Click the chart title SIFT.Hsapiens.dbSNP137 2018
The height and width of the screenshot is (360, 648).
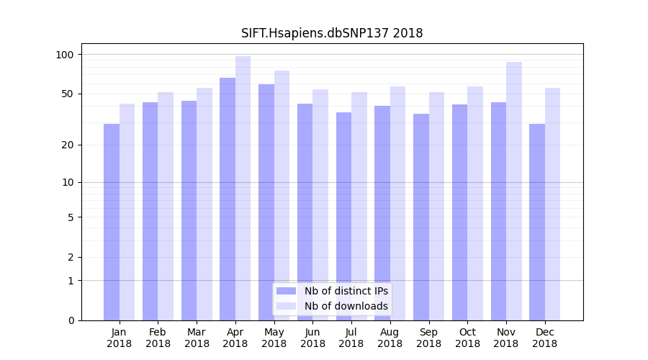[332, 33]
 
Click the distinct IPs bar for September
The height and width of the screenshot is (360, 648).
[421, 217]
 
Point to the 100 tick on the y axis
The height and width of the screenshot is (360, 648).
[65, 55]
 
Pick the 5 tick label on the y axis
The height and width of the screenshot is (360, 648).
[71, 217]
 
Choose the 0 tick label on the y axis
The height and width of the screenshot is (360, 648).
[71, 320]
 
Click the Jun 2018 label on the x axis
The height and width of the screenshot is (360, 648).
[312, 338]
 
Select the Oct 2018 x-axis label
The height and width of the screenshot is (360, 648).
[467, 338]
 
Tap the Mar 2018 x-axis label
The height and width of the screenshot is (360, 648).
[197, 338]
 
